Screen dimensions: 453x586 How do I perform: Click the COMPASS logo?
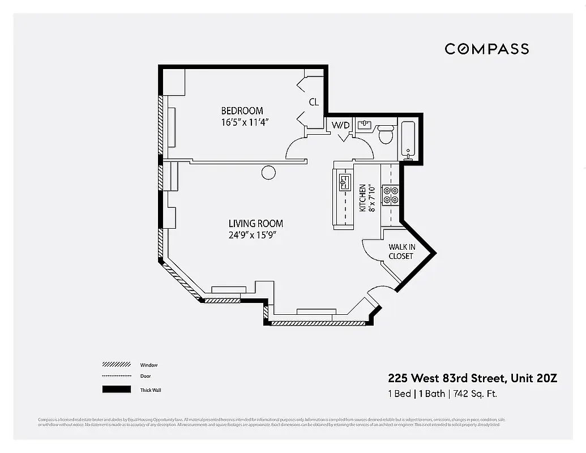486,49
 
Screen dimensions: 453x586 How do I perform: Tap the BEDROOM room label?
242,110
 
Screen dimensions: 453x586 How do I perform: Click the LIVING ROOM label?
255,224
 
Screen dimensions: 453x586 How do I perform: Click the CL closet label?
314,102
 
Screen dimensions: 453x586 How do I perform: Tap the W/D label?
340,125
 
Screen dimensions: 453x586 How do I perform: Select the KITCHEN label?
363,198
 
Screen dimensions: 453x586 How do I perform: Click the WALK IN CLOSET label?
401,251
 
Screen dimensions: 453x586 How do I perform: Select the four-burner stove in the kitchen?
391,194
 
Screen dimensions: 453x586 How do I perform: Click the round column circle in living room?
268,172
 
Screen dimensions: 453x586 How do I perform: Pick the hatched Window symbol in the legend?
116,365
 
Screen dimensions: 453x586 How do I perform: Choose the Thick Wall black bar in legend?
116,390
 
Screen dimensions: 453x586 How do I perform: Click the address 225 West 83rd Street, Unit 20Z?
472,378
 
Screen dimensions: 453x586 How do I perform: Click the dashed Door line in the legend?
116,377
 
